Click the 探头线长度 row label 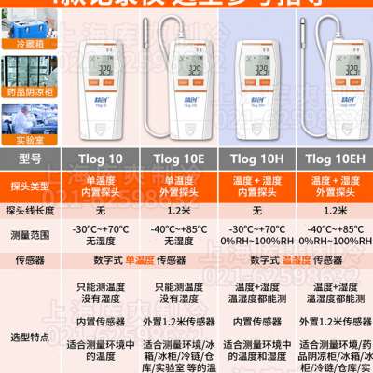[x=31, y=210]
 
